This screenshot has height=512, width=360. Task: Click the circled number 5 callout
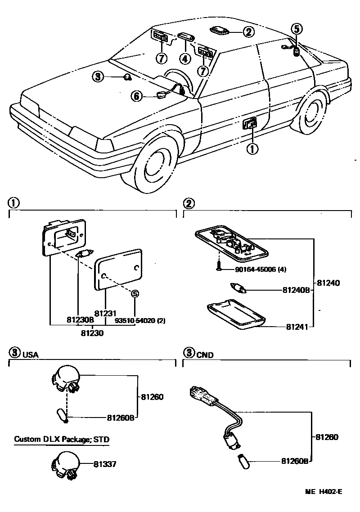pos(296,29)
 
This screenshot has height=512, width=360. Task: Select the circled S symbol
pos(135,294)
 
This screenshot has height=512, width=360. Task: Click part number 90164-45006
pos(254,269)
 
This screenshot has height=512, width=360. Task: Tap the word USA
pos(30,355)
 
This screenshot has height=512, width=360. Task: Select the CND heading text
pos(205,355)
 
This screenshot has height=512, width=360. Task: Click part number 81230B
pos(80,320)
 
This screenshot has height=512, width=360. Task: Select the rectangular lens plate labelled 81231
pos(119,272)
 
